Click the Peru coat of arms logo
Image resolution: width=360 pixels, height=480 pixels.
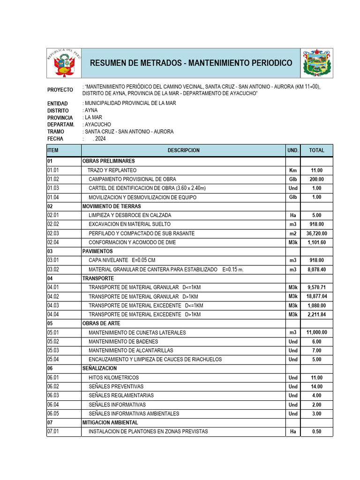(x=64, y=63)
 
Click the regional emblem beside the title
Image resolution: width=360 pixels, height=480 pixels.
(x=317, y=63)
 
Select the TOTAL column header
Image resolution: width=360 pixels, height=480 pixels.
(x=317, y=150)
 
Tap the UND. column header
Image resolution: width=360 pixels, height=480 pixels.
(x=293, y=150)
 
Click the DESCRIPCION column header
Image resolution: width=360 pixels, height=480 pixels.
(x=183, y=150)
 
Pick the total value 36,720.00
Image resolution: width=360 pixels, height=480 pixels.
(x=317, y=233)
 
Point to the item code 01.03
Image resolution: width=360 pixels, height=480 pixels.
(x=53, y=188)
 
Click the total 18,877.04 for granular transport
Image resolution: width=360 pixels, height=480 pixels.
(x=317, y=297)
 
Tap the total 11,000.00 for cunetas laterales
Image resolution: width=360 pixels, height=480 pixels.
(x=317, y=333)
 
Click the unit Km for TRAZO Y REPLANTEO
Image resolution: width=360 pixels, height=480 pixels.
(x=293, y=171)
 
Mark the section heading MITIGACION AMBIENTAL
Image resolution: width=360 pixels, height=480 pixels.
(x=110, y=423)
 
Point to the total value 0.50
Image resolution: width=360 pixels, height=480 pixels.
(x=317, y=432)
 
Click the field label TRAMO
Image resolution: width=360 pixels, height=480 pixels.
(x=56, y=132)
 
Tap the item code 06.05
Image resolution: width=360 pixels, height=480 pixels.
(x=53, y=414)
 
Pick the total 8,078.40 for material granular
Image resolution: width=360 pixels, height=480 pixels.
(x=317, y=270)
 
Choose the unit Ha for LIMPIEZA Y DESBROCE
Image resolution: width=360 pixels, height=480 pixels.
(x=293, y=216)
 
